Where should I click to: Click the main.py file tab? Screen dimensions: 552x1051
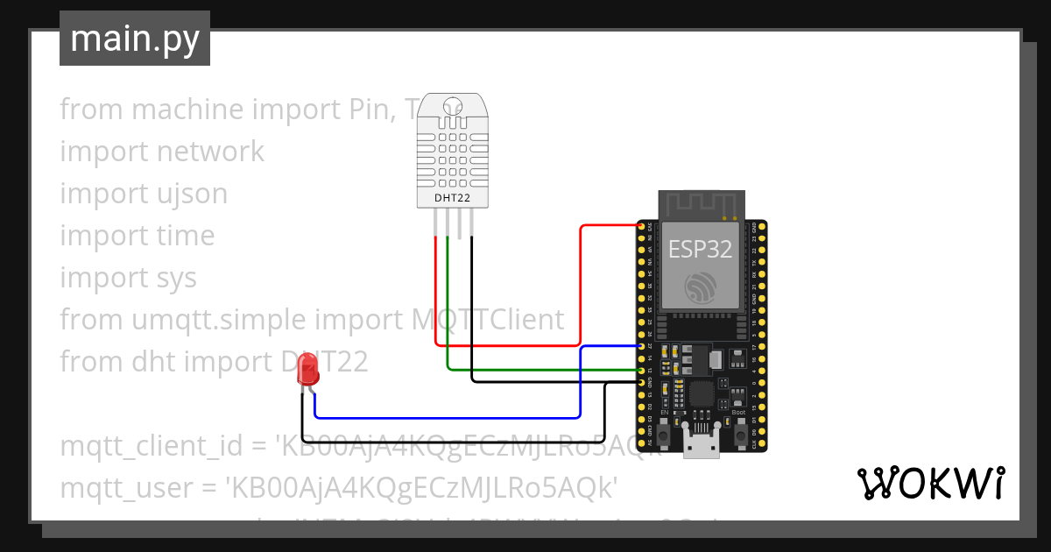coord(134,39)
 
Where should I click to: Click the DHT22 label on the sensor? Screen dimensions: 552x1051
coord(453,198)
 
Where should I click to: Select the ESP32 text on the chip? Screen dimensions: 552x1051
coord(700,249)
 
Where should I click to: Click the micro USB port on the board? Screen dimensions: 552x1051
coord(700,446)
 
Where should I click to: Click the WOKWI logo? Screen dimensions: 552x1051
coord(930,484)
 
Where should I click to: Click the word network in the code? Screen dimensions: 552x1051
coord(210,152)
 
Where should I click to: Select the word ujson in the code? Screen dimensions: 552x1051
coord(193,194)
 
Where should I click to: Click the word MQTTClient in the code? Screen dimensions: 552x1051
coord(488,320)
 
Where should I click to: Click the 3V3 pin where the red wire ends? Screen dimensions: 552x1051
coord(642,226)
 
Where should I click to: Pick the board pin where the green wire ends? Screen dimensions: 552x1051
coord(642,371)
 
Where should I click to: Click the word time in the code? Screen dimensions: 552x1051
coord(186,236)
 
